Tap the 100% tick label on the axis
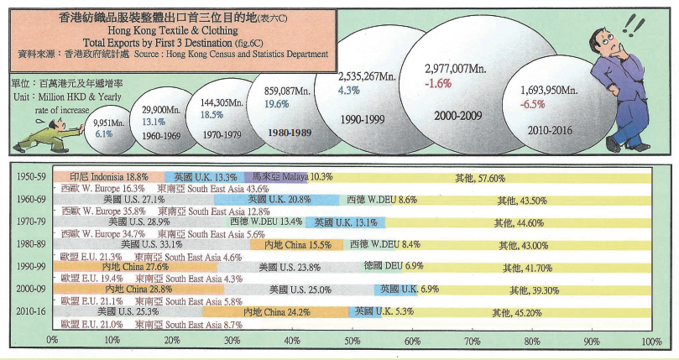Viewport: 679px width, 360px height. (x=651, y=342)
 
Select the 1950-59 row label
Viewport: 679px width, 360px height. (x=31, y=178)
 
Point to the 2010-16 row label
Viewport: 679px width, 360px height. (x=31, y=312)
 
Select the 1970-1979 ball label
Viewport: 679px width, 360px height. (x=219, y=133)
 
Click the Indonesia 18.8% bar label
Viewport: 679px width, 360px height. (x=108, y=178)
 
